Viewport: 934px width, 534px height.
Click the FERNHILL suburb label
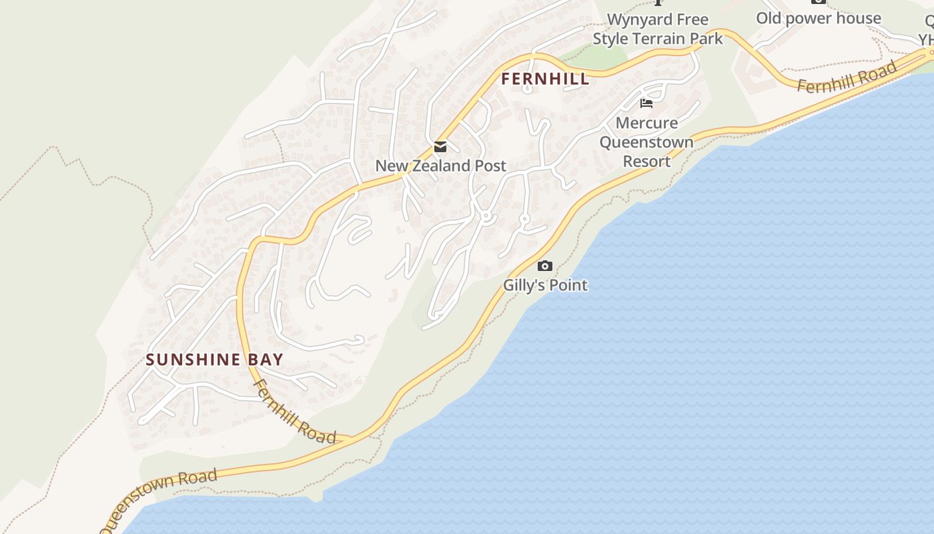click(x=545, y=79)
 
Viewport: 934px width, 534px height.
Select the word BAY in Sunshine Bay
click(x=266, y=360)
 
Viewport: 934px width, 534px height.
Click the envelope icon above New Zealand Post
click(x=440, y=147)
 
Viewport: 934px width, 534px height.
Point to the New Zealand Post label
click(x=440, y=166)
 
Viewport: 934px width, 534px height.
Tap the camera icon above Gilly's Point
click(x=545, y=266)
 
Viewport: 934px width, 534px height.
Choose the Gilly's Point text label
click(x=545, y=285)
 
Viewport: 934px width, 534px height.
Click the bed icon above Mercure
click(x=646, y=103)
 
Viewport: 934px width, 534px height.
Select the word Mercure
click(x=646, y=123)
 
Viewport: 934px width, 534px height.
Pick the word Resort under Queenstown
click(x=646, y=162)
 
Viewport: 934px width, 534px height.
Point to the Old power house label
click(x=818, y=18)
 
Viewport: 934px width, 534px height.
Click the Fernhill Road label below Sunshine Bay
click(x=294, y=412)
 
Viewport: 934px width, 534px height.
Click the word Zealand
click(x=442, y=166)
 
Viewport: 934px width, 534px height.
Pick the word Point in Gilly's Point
click(x=566, y=285)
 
